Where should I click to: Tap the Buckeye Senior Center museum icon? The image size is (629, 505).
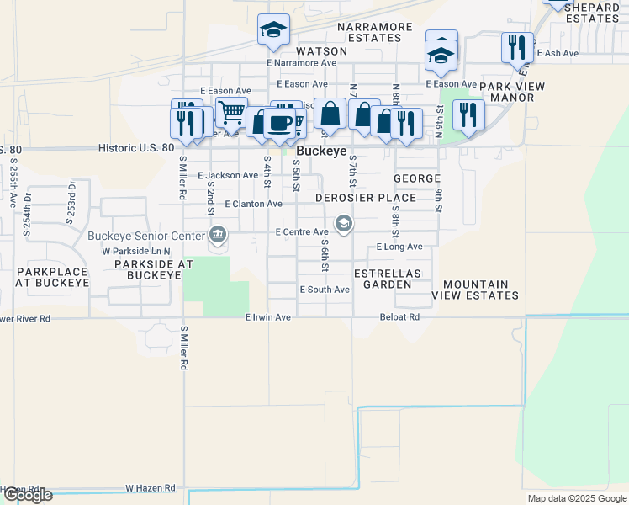pyautogui.click(x=218, y=233)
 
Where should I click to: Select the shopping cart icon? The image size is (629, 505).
pyautogui.click(x=230, y=111)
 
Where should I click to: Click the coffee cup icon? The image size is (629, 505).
pyautogui.click(x=279, y=123)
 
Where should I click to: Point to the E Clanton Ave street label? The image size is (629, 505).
pyautogui.click(x=253, y=204)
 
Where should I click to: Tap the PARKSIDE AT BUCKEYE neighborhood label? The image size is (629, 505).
pyautogui.click(x=154, y=264)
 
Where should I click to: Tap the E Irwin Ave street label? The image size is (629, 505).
pyautogui.click(x=267, y=317)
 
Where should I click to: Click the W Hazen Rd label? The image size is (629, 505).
pyautogui.click(x=151, y=487)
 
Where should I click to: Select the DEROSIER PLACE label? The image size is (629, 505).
pyautogui.click(x=366, y=198)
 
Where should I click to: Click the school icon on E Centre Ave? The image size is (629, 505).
pyautogui.click(x=343, y=224)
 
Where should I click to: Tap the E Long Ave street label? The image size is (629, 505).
pyautogui.click(x=399, y=247)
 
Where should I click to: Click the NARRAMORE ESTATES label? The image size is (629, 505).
pyautogui.click(x=375, y=32)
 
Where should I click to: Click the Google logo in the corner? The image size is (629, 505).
pyautogui.click(x=27, y=495)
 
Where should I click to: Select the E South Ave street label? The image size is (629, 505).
pyautogui.click(x=325, y=290)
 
